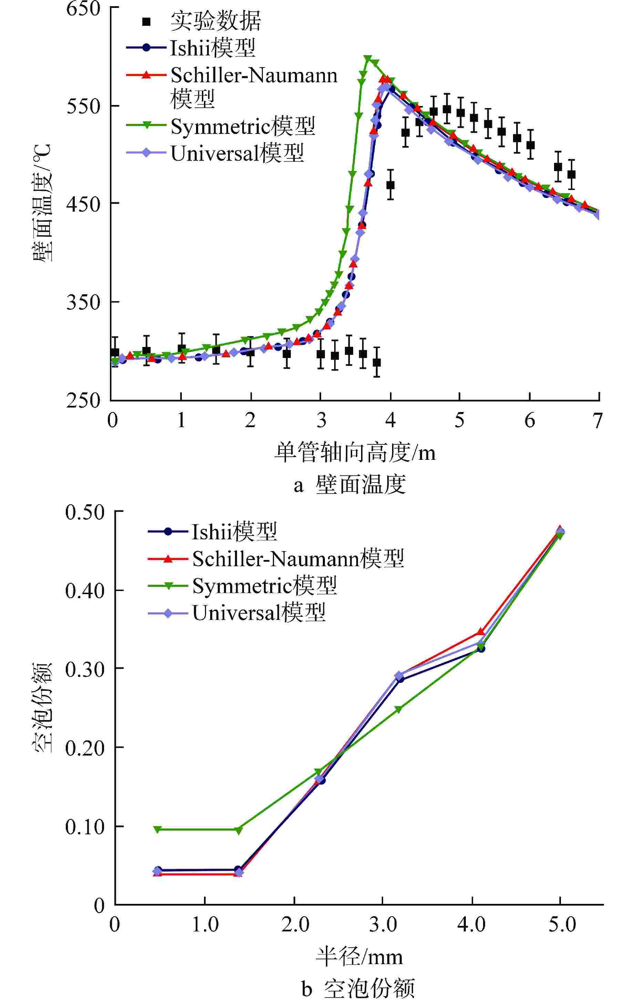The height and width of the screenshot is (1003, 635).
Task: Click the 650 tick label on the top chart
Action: point(83,9)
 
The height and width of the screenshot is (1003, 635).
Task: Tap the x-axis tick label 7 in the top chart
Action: point(598,421)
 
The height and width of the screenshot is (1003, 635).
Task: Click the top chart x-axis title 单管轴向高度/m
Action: point(355,452)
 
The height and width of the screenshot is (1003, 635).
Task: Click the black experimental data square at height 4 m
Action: point(390,185)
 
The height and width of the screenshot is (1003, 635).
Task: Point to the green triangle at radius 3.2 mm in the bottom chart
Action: point(398,709)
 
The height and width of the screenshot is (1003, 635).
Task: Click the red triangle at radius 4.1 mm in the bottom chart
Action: point(481,632)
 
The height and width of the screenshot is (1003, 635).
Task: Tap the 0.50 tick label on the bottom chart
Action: point(85,512)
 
